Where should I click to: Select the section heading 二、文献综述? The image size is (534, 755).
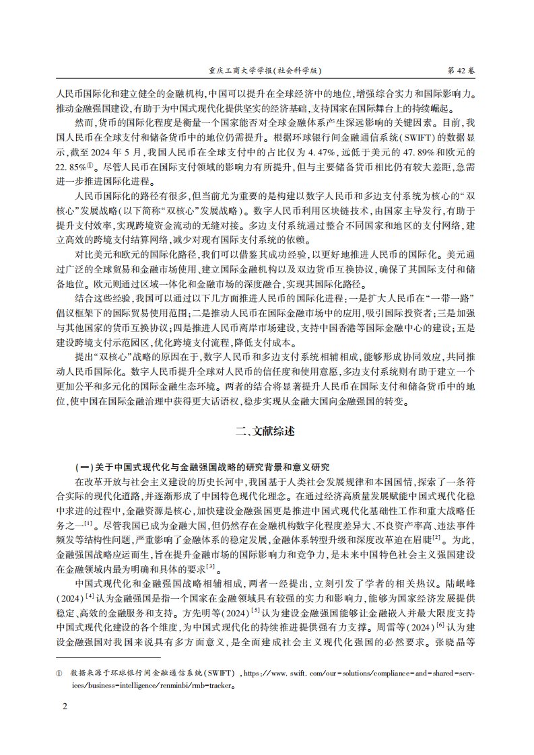pos(267,431)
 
